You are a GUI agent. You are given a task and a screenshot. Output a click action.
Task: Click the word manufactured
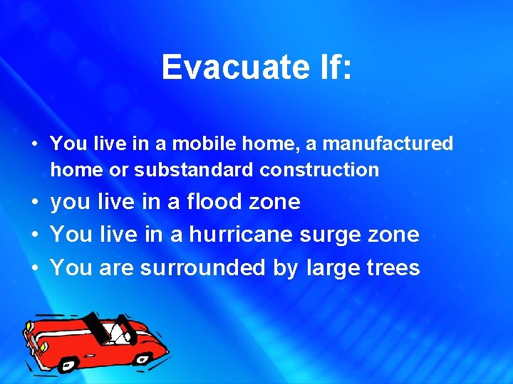(388, 144)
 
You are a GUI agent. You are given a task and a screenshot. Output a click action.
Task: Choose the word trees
(393, 267)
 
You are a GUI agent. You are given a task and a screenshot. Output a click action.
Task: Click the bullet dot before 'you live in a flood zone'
(34, 203)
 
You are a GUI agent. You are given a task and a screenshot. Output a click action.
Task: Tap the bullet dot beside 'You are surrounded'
(34, 268)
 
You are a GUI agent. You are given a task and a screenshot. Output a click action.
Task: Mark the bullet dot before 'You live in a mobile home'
(34, 144)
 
